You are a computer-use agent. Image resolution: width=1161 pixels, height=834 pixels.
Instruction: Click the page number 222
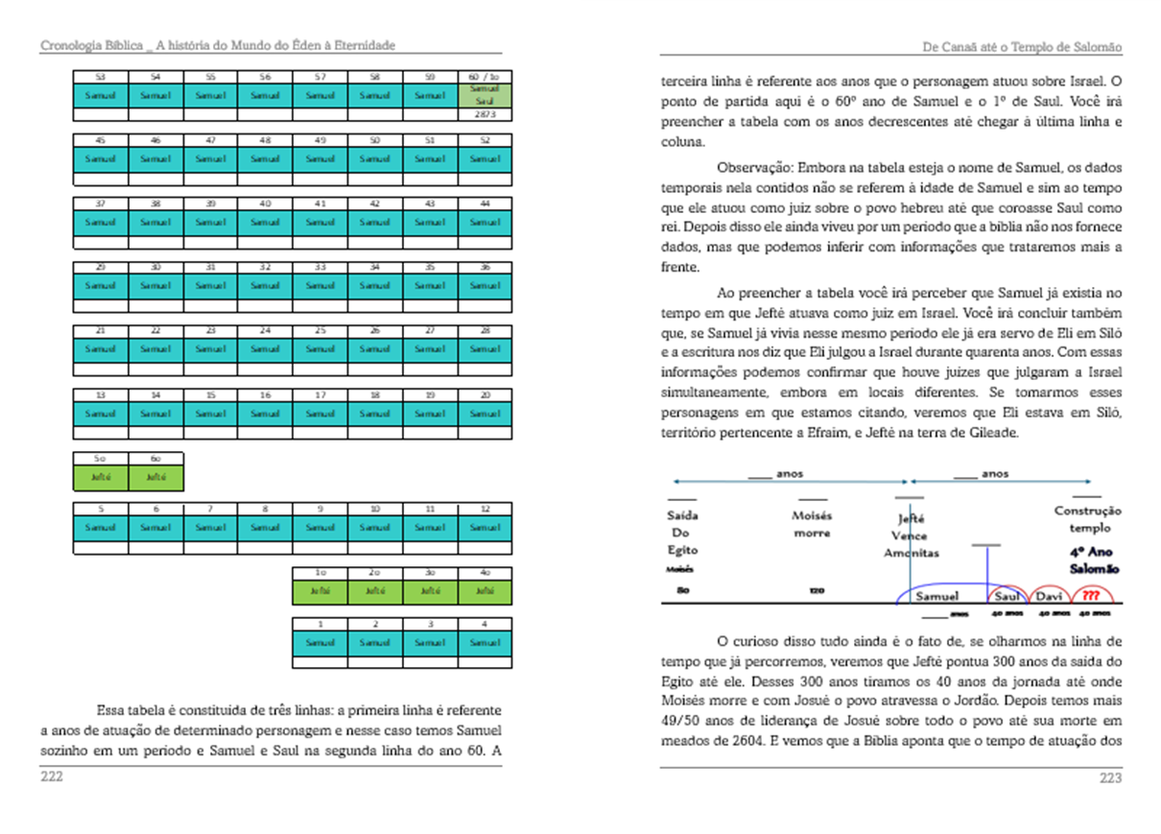(51, 777)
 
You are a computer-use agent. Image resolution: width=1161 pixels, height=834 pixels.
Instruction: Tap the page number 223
(1110, 778)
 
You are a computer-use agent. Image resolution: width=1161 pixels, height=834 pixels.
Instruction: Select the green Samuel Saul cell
(484, 95)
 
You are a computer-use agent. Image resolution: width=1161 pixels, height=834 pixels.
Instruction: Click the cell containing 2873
(484, 114)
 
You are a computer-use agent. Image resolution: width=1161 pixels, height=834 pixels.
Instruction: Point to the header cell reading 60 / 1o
(484, 77)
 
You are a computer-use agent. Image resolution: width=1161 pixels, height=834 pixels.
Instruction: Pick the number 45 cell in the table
(101, 140)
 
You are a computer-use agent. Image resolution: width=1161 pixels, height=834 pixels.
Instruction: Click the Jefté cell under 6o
(155, 477)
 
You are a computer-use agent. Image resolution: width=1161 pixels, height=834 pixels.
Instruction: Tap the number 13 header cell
(101, 394)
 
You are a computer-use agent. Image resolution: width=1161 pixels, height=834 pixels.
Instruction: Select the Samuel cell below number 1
(320, 642)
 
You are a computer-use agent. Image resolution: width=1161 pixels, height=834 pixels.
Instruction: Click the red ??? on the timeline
(1090, 597)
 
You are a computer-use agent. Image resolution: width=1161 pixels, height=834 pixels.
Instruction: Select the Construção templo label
(1087, 519)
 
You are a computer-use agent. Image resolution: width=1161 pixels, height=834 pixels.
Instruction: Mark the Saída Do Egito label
(682, 533)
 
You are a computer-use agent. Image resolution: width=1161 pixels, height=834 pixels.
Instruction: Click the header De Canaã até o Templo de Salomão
(1021, 47)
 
